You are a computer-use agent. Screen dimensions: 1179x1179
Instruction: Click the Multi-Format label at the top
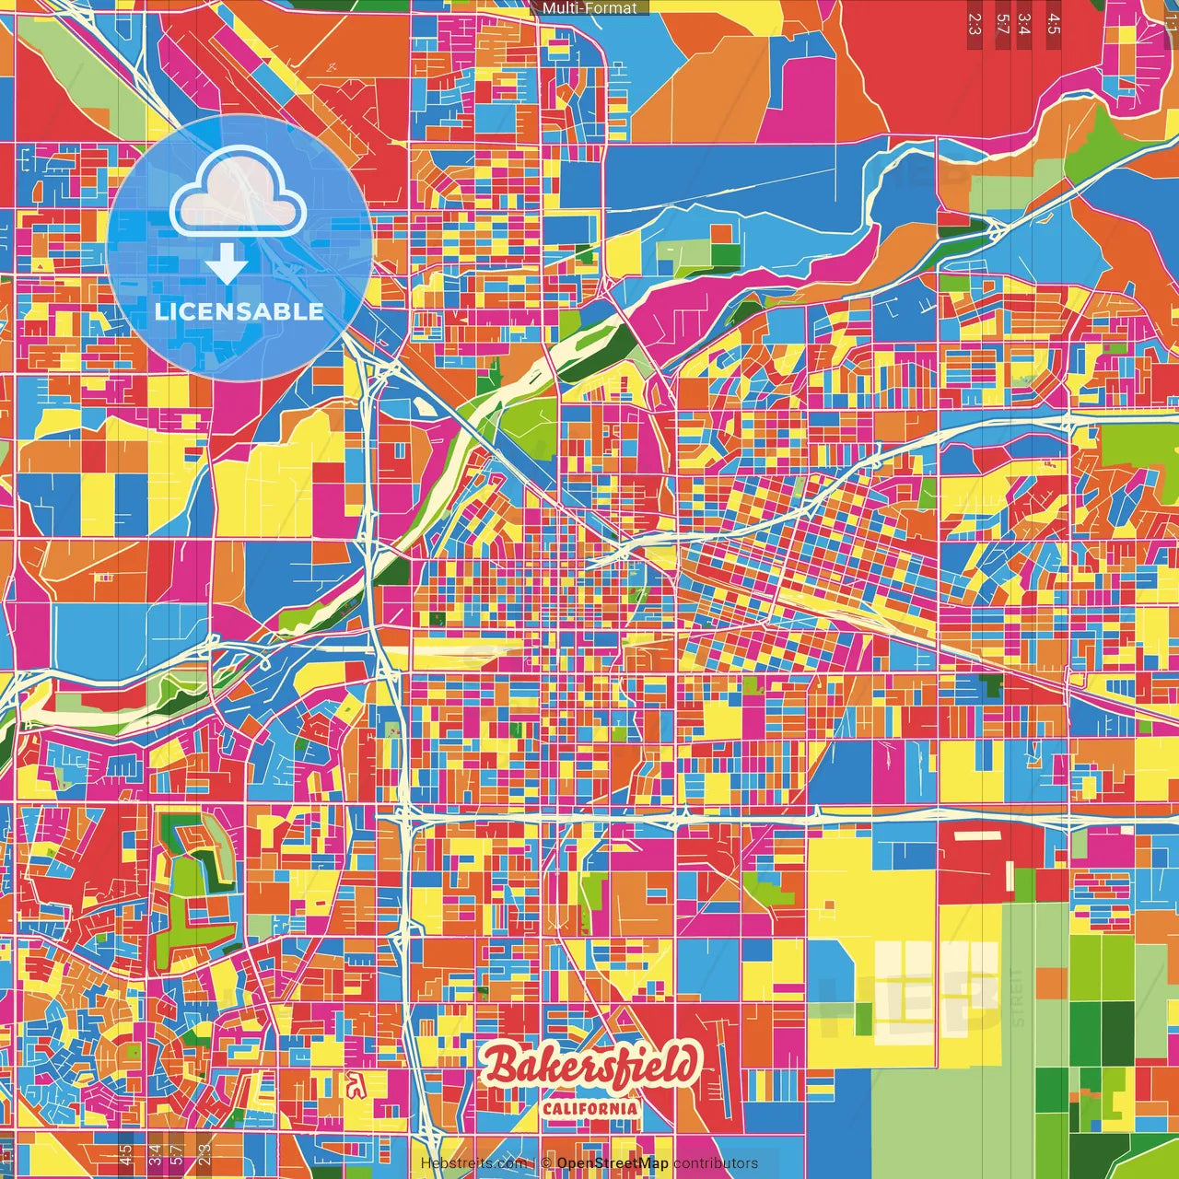coord(589,8)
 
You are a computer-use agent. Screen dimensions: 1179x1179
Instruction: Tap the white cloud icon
coord(239,192)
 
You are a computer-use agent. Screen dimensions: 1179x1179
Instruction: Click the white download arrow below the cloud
coord(227,263)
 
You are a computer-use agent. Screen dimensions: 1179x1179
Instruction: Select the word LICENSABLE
coord(239,311)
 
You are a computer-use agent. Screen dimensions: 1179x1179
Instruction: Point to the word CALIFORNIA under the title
coord(590,1107)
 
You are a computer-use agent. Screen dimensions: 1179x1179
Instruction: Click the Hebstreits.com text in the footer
coord(473,1163)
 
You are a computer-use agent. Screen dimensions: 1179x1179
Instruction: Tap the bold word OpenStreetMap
coord(613,1163)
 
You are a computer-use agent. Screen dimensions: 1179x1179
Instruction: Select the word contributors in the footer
coord(716,1163)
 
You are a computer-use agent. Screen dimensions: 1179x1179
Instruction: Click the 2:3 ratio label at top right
coord(975,23)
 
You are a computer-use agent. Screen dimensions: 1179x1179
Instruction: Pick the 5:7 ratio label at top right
coord(1002,23)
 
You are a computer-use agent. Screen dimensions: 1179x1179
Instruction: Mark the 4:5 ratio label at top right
coord(1053,23)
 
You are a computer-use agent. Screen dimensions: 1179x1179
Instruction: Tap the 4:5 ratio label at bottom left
coord(125,1155)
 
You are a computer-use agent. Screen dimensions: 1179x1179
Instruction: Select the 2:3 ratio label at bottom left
coord(204,1155)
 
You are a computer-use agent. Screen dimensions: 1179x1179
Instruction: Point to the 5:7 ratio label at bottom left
coord(177,1155)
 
